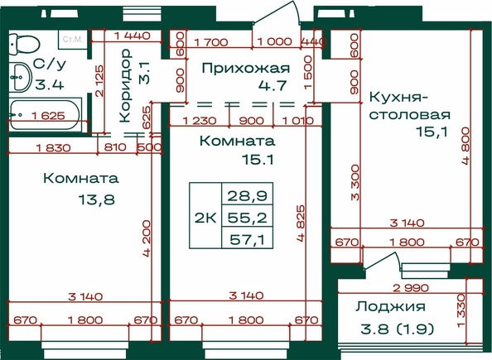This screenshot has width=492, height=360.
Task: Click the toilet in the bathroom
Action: coord(23,44)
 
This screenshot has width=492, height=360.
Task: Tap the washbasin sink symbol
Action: coord(20,77)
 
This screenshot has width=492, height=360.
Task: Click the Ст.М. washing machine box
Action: coord(73,39)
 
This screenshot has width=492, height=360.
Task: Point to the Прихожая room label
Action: coord(246,68)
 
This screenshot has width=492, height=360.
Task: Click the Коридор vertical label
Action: coord(125,85)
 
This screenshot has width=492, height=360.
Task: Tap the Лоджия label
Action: coord(390,306)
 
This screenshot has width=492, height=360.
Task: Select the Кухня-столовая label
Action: coord(409,106)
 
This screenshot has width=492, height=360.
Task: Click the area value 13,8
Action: coord(97,199)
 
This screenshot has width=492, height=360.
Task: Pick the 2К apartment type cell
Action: coord(205,218)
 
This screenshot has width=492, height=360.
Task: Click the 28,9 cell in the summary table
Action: coord(248,195)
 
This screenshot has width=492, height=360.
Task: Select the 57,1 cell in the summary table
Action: coord(248,240)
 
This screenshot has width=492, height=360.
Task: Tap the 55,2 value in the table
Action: coord(248,218)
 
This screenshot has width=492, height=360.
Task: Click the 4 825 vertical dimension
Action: coord(301,223)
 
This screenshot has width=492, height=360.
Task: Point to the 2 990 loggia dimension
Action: coord(411,287)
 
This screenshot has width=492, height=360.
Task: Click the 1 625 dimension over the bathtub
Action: coord(48,116)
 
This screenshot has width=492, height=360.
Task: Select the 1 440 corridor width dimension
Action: coord(132,36)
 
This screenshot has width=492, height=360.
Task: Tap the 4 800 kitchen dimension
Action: coord(465,146)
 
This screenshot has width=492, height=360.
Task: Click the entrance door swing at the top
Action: coord(276,12)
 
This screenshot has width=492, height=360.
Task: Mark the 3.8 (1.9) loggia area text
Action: coord(398,329)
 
